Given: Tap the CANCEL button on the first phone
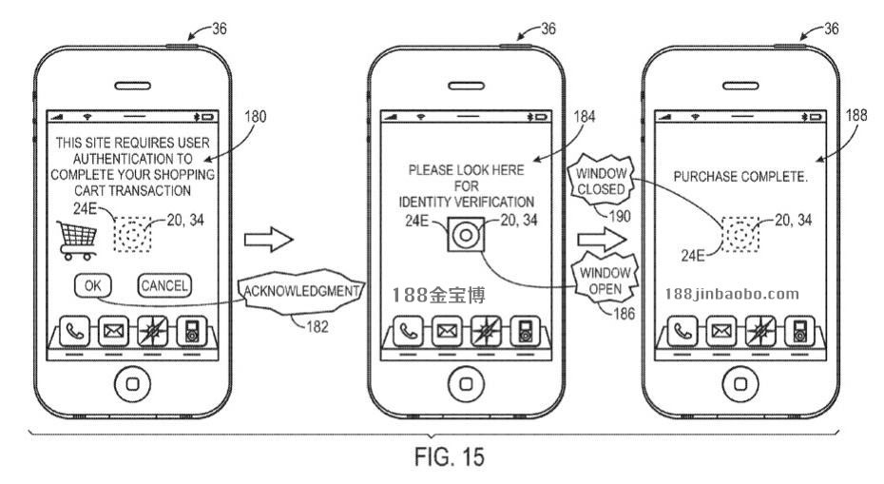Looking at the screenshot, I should pyautogui.click(x=164, y=284).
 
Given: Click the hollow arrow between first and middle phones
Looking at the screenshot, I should pyautogui.click(x=264, y=242).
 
